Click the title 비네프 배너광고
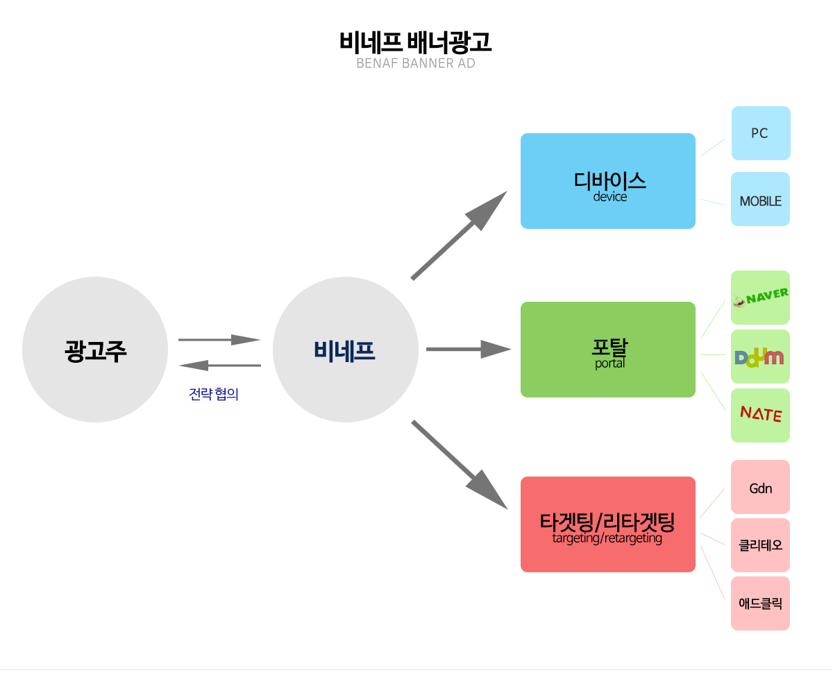pyautogui.click(x=415, y=43)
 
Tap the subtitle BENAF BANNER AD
pyautogui.click(x=415, y=64)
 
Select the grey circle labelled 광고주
pyautogui.click(x=95, y=350)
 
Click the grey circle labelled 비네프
pyautogui.click(x=345, y=350)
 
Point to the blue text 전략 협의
pyautogui.click(x=214, y=395)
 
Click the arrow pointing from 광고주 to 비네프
pyautogui.click(x=219, y=340)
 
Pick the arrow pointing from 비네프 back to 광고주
pyautogui.click(x=219, y=365)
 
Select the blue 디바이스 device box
pyautogui.click(x=608, y=181)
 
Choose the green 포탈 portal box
pyautogui.click(x=608, y=350)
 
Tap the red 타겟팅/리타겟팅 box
pyautogui.click(x=608, y=524)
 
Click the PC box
pyautogui.click(x=761, y=133)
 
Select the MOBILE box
pyautogui.click(x=761, y=200)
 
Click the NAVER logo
pyautogui.click(x=761, y=298)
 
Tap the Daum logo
pyautogui.click(x=760, y=357)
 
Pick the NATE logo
pyautogui.click(x=761, y=415)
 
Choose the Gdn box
pyautogui.click(x=761, y=488)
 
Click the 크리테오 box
pyautogui.click(x=761, y=545)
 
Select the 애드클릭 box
pyautogui.click(x=761, y=603)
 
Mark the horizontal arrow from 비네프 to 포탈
pyautogui.click(x=469, y=349)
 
